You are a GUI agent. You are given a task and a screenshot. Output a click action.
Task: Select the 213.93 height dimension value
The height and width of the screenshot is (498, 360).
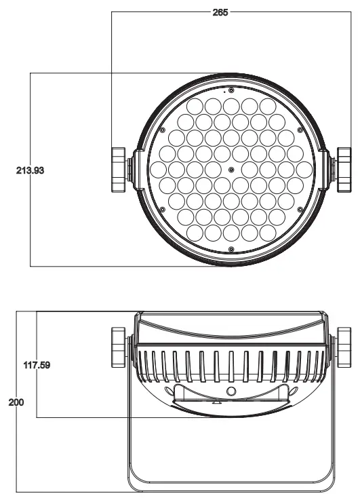[31, 170]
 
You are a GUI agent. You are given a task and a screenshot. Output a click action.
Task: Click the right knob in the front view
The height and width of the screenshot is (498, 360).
[342, 170]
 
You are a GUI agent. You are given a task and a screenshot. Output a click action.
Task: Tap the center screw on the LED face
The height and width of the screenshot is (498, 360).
[231, 169]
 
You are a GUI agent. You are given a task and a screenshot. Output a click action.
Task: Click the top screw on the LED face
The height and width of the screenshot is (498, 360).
[231, 90]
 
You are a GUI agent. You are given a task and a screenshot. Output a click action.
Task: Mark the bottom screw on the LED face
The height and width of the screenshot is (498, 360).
[231, 249]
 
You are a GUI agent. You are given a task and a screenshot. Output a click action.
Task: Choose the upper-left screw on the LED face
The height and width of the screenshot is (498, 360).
[163, 130]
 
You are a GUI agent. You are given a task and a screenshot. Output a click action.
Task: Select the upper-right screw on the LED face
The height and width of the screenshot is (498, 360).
[300, 130]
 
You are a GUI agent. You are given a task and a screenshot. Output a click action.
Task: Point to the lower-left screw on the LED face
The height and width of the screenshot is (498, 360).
[163, 209]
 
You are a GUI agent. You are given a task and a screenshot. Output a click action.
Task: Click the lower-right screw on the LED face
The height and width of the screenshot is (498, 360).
[300, 209]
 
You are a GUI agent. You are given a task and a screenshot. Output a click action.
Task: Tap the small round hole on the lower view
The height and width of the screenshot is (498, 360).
[231, 391]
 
